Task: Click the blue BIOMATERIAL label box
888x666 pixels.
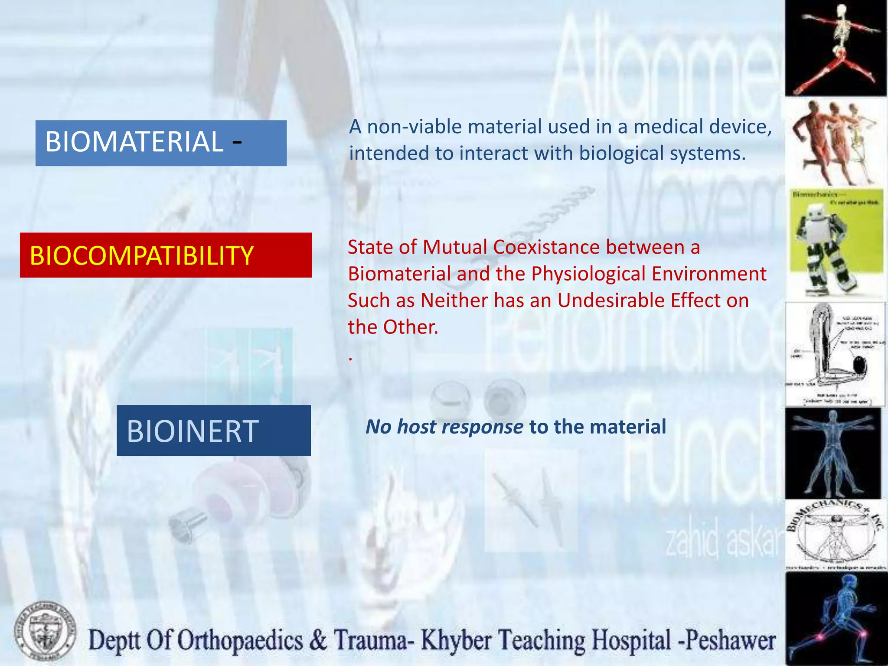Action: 161,143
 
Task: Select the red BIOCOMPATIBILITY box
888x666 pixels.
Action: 166,255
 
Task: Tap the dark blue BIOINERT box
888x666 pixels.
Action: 213,430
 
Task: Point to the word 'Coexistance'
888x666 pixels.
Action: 546,247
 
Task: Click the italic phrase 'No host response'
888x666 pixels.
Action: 444,427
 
